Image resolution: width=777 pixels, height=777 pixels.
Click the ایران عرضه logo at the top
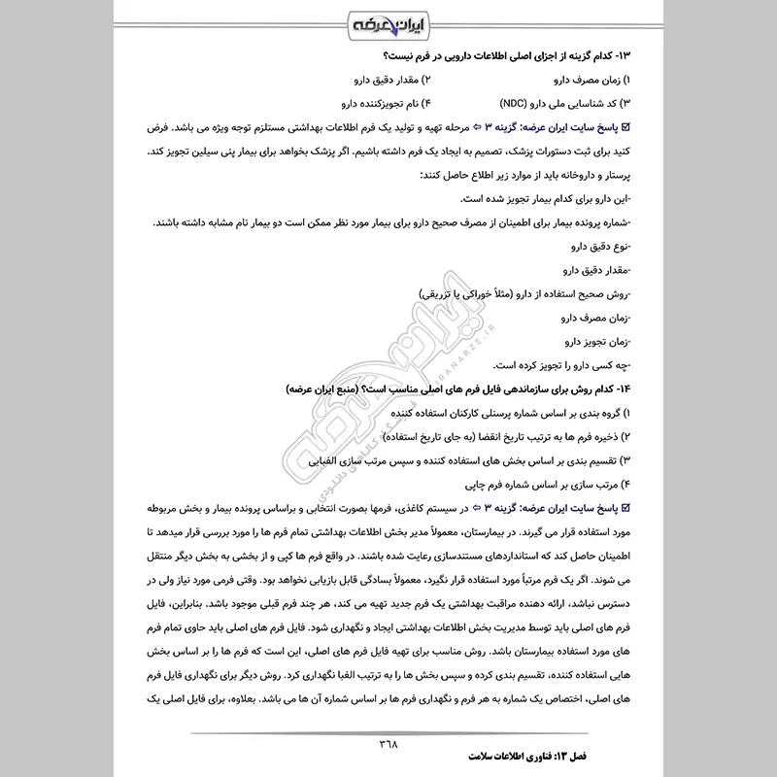[388, 21]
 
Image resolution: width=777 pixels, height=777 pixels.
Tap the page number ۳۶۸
[388, 742]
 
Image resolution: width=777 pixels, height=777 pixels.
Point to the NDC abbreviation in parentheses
[521, 101]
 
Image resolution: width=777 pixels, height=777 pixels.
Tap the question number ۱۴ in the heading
[621, 388]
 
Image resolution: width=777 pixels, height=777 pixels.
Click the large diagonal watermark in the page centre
[388, 388]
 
